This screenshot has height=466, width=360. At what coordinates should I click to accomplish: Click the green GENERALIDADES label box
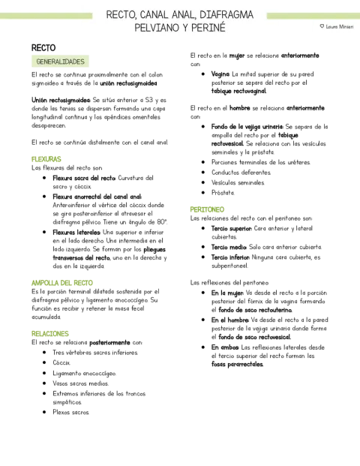(60, 62)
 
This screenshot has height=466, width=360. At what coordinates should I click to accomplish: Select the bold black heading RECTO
(43, 48)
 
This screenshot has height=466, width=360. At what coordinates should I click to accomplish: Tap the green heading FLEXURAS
(46, 159)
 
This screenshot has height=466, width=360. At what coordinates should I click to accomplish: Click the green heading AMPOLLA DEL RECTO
(62, 283)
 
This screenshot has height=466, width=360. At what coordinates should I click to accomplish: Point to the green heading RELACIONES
(50, 334)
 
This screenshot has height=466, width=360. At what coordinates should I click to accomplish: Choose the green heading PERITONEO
(207, 209)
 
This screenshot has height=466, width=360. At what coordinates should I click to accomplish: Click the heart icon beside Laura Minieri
(322, 26)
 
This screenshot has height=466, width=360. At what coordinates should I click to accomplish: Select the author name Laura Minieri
(340, 27)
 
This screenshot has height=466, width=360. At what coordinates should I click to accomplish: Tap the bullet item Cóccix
(61, 363)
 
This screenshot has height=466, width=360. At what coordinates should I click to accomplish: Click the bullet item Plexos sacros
(70, 412)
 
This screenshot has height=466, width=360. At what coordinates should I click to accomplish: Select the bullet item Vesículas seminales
(238, 182)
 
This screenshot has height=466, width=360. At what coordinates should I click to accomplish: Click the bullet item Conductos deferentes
(241, 173)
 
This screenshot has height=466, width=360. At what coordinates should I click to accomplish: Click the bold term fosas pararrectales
(237, 365)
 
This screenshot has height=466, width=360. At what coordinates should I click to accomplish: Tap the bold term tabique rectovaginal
(238, 92)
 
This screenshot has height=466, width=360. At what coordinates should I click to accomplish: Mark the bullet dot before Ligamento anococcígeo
(44, 373)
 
